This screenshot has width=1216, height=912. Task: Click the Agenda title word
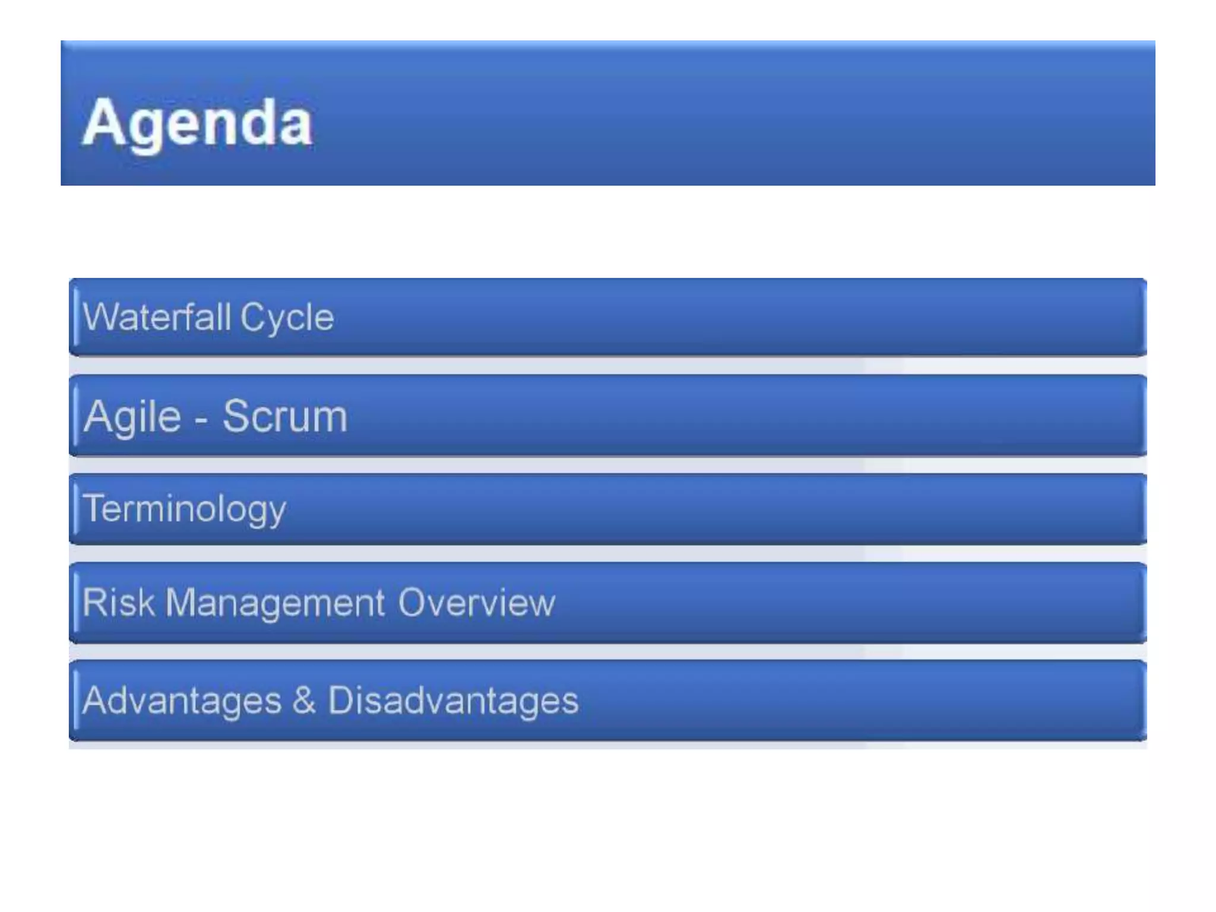[197, 123]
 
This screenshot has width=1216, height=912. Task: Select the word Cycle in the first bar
[287, 318]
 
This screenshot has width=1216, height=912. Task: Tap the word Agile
[132, 417]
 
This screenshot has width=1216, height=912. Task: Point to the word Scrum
[285, 416]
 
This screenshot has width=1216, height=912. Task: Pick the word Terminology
[184, 509]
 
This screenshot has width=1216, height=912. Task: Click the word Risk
[118, 602]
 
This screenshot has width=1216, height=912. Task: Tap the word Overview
[476, 603]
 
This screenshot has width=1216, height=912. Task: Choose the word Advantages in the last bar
[182, 701]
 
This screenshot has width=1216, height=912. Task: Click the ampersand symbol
[304, 700]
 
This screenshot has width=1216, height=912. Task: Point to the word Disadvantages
[453, 701]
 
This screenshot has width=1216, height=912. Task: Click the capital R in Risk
[93, 602]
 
